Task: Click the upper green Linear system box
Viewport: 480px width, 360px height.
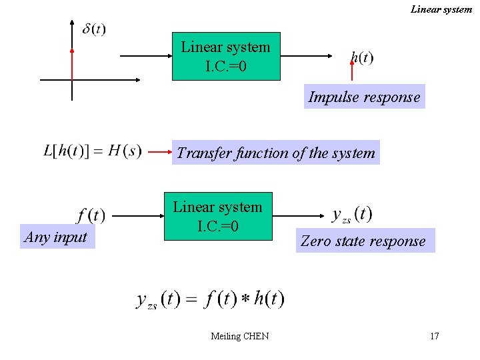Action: [x=226, y=57]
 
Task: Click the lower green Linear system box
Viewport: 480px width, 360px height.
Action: [x=218, y=216]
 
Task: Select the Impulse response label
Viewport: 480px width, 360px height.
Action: [x=364, y=97]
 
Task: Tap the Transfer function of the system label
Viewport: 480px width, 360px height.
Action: [x=276, y=153]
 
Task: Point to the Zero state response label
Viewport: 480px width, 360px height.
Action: [x=363, y=241]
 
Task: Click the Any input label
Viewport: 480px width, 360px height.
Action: [x=56, y=237]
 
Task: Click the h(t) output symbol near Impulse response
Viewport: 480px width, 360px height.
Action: [x=362, y=58]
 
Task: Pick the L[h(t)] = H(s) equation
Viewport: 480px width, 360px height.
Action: [x=92, y=151]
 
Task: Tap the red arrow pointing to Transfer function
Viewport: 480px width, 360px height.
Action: [x=159, y=153]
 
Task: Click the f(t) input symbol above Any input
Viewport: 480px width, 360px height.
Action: [x=91, y=215]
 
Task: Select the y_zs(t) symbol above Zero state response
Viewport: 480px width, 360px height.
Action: [x=352, y=214]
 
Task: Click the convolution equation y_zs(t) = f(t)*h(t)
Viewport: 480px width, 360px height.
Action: [x=210, y=299]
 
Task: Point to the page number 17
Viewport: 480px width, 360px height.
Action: [x=435, y=336]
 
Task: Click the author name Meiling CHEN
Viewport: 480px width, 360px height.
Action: [x=239, y=336]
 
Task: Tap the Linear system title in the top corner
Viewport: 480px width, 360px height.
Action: [x=441, y=9]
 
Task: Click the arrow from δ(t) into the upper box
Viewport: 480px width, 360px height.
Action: [x=143, y=57]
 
